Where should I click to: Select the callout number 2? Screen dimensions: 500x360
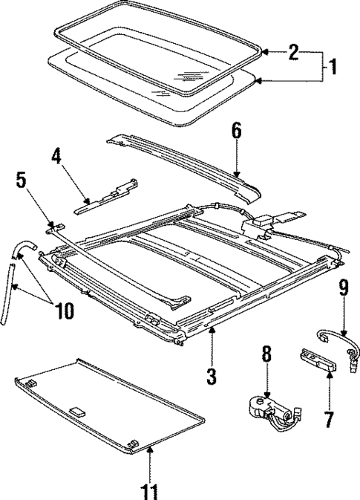294,52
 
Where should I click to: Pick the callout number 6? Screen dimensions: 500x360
236,131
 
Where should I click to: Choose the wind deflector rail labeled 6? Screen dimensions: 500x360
186,160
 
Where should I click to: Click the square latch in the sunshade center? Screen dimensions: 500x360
76,409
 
